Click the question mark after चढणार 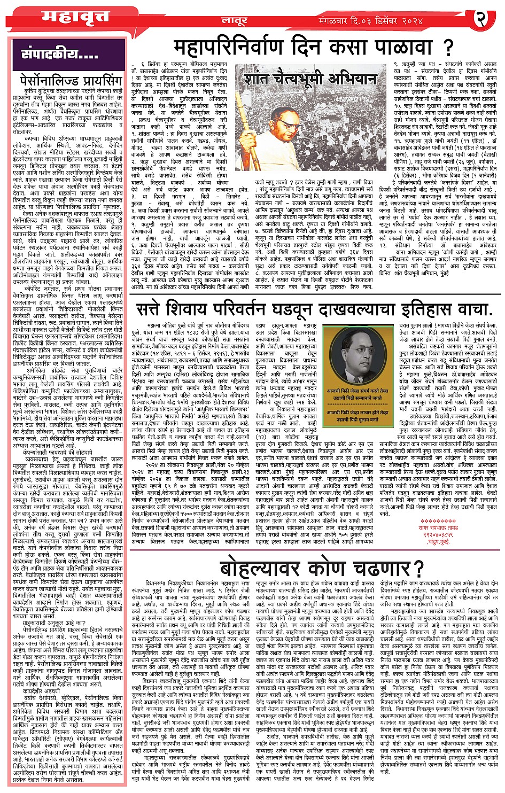point(418,567)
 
